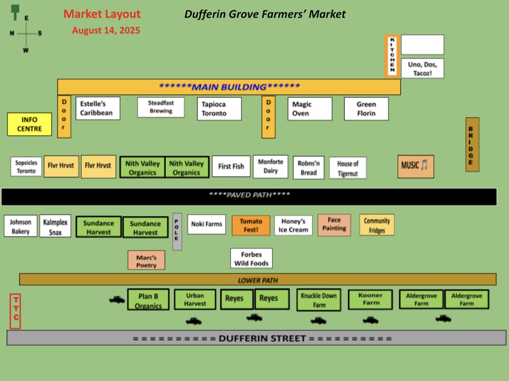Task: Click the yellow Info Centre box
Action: [x=30, y=124]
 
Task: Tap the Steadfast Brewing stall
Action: [x=161, y=107]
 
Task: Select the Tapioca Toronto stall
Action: [x=219, y=109]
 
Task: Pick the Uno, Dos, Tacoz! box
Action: [x=422, y=68]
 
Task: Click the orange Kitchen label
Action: [x=392, y=56]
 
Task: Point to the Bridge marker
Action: [x=472, y=145]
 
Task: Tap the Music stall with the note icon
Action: [x=416, y=167]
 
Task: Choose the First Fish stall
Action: [x=231, y=166]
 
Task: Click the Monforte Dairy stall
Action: [x=271, y=166]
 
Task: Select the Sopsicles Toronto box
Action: [x=26, y=167]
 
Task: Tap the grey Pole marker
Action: [x=177, y=232]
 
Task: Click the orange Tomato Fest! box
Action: [x=251, y=225]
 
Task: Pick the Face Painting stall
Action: [x=335, y=225]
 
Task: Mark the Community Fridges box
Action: [x=377, y=225]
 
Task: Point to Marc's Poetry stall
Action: [x=147, y=260]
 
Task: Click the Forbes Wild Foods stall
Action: [x=251, y=258]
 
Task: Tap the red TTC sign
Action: [x=15, y=311]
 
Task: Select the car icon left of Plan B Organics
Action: [x=117, y=300]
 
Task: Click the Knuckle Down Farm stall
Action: [x=319, y=300]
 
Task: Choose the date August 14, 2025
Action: [x=106, y=30]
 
